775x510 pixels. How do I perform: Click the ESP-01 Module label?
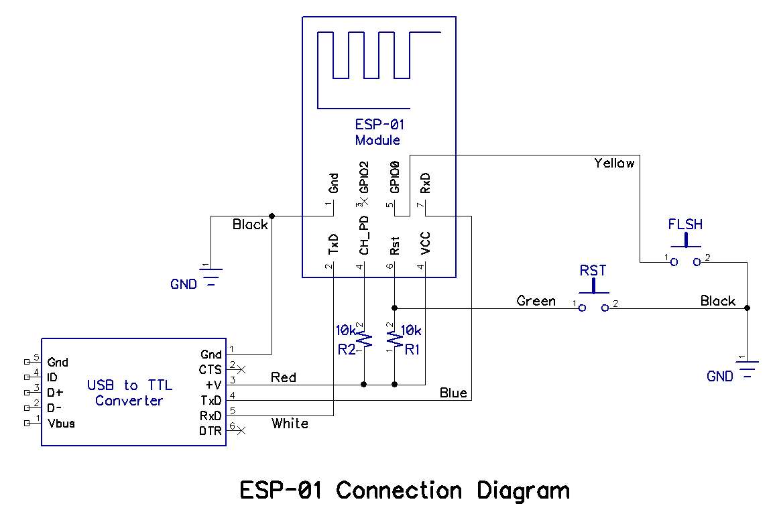(x=379, y=132)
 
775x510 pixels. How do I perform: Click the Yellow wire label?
(x=613, y=163)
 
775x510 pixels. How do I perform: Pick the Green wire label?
(x=536, y=301)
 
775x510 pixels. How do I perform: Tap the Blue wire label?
(x=453, y=393)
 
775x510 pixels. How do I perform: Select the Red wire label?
(x=284, y=377)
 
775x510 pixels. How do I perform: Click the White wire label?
(x=290, y=424)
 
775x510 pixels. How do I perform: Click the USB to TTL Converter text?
(x=129, y=393)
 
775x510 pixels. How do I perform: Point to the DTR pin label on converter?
(x=211, y=431)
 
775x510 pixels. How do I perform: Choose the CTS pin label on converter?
(x=211, y=369)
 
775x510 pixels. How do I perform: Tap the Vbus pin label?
(x=61, y=424)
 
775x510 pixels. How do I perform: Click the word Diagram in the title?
(x=524, y=491)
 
